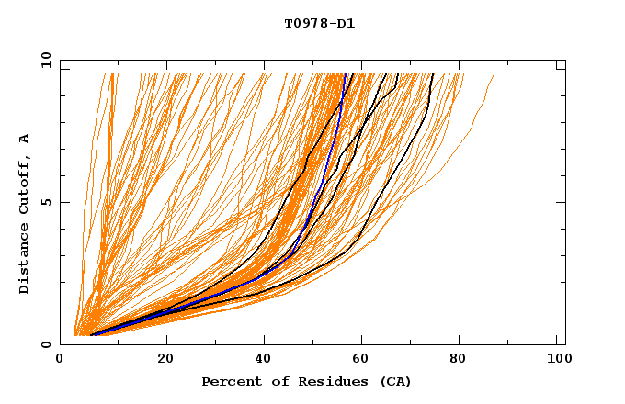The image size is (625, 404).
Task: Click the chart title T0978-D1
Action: [320, 24]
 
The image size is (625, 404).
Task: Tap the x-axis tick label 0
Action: [60, 361]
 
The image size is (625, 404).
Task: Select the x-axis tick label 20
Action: [165, 361]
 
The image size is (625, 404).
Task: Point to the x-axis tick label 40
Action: [265, 361]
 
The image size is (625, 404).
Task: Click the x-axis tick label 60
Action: [364, 361]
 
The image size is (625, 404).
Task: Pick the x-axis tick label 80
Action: [463, 361]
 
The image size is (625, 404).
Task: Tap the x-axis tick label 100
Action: [557, 361]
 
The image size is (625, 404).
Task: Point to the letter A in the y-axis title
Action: [25, 138]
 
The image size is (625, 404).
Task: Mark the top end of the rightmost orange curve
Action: [494, 74]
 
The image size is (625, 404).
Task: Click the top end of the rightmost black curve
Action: [432, 74]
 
